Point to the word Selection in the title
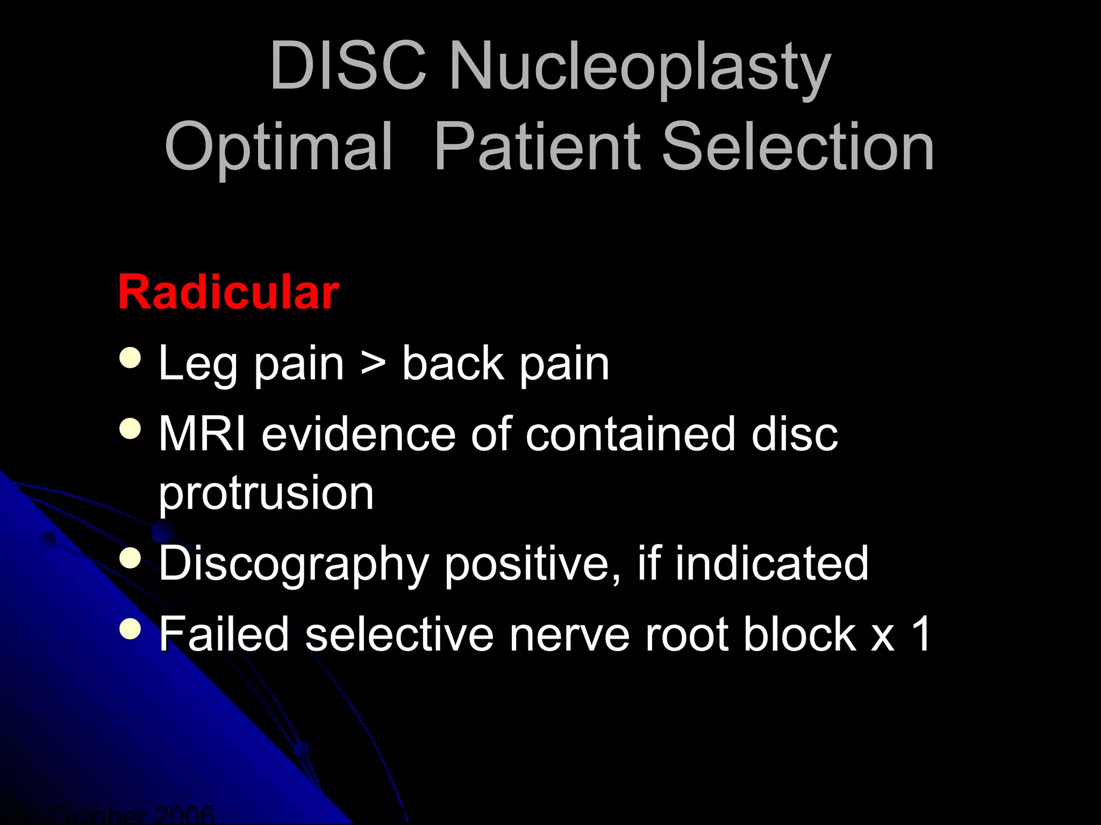(x=798, y=146)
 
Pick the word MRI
(x=202, y=434)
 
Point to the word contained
(x=630, y=434)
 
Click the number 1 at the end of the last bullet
(x=921, y=634)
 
